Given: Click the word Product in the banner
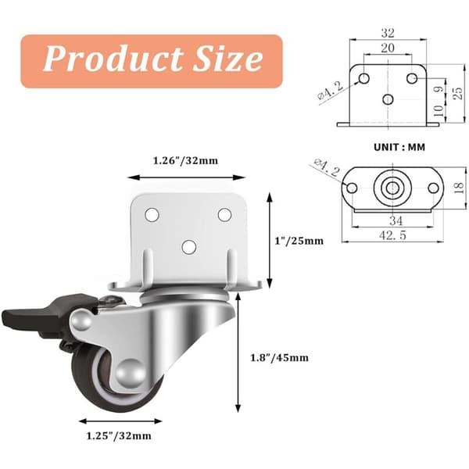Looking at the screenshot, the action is [x=113, y=59].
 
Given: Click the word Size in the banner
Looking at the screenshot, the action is [x=228, y=59].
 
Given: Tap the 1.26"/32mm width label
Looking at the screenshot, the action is [x=185, y=161].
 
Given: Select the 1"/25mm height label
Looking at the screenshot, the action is [x=299, y=241].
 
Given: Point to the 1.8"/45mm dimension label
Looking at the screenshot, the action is [x=279, y=358].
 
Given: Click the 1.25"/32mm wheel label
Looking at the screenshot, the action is [x=119, y=436].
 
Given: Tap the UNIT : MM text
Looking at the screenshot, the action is [x=399, y=147].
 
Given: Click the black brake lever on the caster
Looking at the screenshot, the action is [x=45, y=314].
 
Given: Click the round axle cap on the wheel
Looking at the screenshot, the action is [x=130, y=374].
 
